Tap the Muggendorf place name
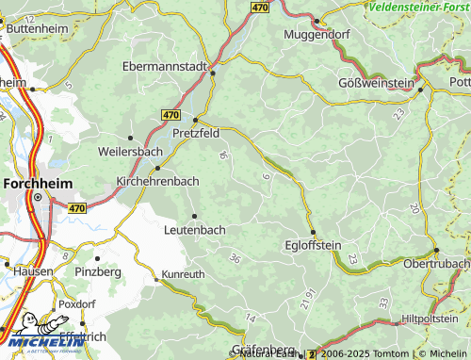coord(318,36)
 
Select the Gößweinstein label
coord(376,83)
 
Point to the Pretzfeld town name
coord(197,134)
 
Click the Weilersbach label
coord(129,151)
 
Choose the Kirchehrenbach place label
coord(156,180)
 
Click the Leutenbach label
coord(195,229)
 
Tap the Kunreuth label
coord(183,274)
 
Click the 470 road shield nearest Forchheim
coord(77,206)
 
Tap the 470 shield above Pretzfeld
coord(170,114)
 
